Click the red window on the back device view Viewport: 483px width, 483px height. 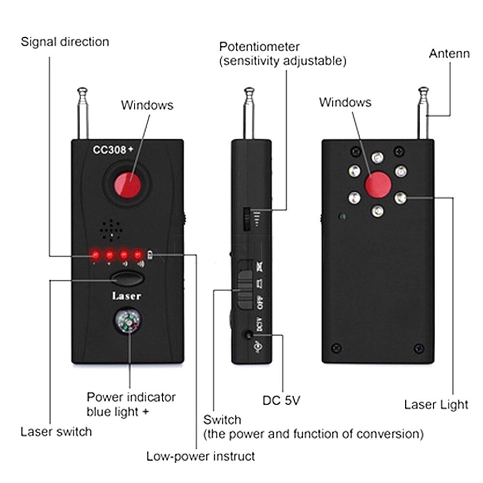[x=378, y=185]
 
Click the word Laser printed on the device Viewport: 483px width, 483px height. [x=127, y=296]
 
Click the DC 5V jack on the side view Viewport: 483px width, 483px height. [x=248, y=335]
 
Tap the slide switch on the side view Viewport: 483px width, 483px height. [x=245, y=285]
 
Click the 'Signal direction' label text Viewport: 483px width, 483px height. [x=65, y=42]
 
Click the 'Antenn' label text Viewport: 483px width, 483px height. [x=449, y=53]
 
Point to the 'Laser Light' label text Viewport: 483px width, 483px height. [x=436, y=404]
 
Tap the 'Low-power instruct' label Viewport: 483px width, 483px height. [x=200, y=456]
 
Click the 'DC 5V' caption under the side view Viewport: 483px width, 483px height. [x=281, y=400]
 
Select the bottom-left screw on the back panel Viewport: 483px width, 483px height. [x=337, y=348]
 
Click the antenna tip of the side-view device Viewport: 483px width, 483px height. [x=249, y=90]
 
